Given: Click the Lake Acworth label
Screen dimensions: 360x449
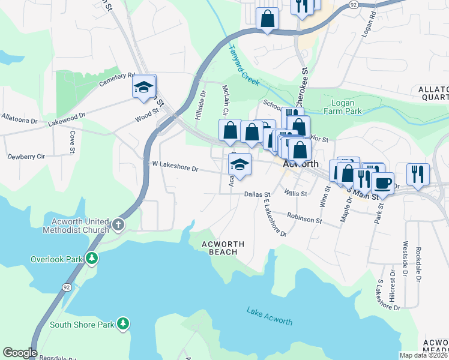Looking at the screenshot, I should click(x=269, y=315).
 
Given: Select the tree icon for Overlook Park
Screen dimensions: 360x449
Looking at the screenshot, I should click(x=91, y=259).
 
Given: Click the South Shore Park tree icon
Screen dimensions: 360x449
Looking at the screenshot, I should click(x=123, y=324).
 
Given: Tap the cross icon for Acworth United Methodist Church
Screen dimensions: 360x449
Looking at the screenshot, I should click(x=118, y=226).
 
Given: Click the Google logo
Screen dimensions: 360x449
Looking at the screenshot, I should click(x=20, y=353).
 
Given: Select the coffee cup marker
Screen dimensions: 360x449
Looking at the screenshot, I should click(x=382, y=182).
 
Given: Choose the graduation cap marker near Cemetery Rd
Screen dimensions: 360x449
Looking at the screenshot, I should click(x=144, y=87).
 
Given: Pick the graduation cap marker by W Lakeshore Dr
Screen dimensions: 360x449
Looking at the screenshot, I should click(x=240, y=164).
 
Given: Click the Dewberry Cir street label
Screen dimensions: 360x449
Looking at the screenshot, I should click(x=26, y=156).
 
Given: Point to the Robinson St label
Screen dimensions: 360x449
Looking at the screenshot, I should click(x=304, y=218).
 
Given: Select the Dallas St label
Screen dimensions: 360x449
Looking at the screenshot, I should click(x=258, y=194).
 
